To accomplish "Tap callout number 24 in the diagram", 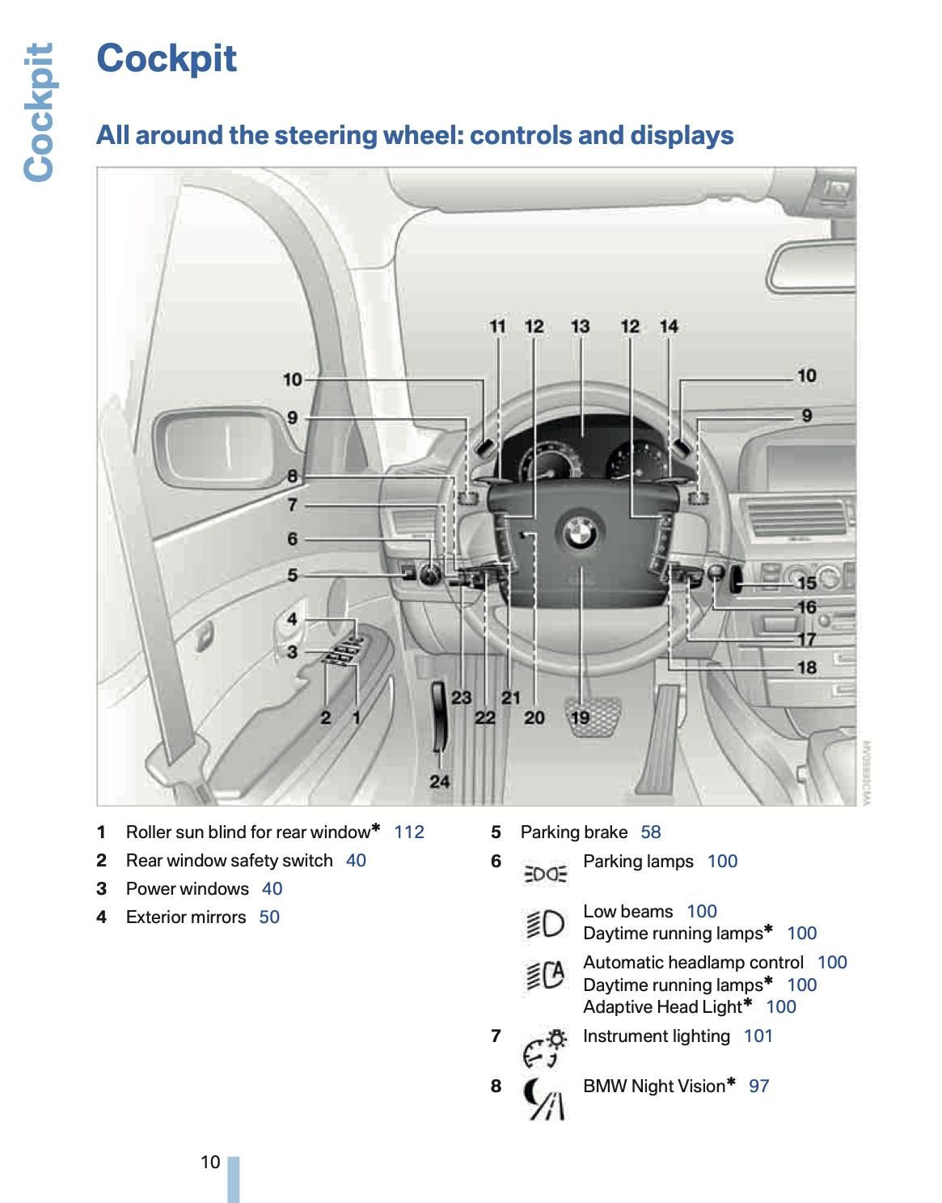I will click(x=439, y=782).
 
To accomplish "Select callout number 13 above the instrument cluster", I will click(x=580, y=326).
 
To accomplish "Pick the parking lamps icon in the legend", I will click(x=546, y=874).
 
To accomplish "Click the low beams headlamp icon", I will click(x=546, y=923).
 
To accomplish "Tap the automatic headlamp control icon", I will click(x=546, y=974).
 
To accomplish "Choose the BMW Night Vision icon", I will click(x=544, y=1099).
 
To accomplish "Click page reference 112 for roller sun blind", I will click(x=409, y=832).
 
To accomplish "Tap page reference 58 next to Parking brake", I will click(x=650, y=832).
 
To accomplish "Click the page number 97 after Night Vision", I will click(x=758, y=1086).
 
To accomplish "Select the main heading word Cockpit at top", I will click(x=167, y=58).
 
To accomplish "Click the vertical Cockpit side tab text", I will click(x=38, y=112).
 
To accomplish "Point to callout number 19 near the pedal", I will click(x=580, y=718).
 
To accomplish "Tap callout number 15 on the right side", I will click(x=806, y=582).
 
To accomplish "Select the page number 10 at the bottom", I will click(x=210, y=1162).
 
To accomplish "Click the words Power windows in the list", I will click(x=188, y=888).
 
